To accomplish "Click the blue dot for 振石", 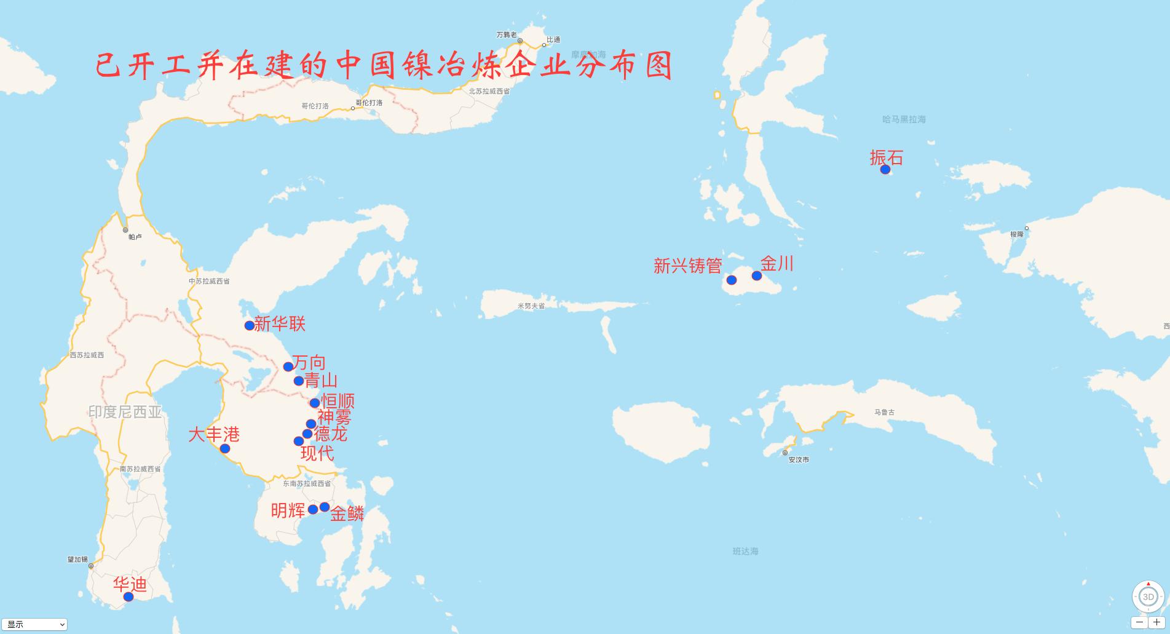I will (x=885, y=170).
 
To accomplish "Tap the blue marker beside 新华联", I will (x=249, y=325).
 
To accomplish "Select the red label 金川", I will (x=777, y=264).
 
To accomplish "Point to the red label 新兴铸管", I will (x=687, y=266).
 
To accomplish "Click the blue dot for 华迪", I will (x=128, y=596).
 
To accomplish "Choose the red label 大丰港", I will (x=213, y=435).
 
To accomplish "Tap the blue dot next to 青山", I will (x=299, y=381).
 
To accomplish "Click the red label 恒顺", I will (x=338, y=402).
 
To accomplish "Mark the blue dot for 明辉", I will (x=313, y=509).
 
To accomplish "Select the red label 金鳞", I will (x=347, y=513).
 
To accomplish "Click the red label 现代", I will (x=317, y=453).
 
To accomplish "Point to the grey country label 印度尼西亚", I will (x=125, y=412).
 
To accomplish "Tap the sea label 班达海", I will (x=745, y=552).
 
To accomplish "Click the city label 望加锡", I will (x=77, y=560).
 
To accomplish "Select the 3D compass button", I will (x=1148, y=596).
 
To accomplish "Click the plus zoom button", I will (x=1156, y=622).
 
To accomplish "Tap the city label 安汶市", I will (x=799, y=460).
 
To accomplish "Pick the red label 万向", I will (x=309, y=362).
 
